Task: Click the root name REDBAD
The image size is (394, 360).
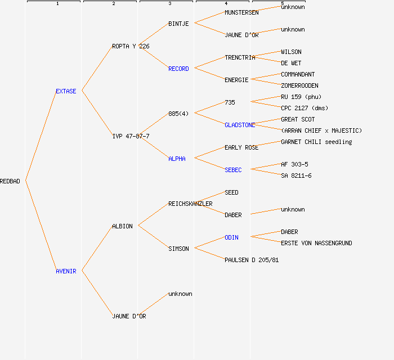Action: (10, 181)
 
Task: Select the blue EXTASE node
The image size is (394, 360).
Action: (66, 91)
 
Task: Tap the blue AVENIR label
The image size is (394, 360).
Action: (66, 271)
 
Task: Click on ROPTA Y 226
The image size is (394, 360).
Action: (131, 46)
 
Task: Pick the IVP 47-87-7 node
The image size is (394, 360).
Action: (131, 136)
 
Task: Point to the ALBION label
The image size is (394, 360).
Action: (122, 226)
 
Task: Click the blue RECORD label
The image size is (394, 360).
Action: (178, 69)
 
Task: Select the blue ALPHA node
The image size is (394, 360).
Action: (177, 159)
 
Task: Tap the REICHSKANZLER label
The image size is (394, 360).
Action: (190, 204)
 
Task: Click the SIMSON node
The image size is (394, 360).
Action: (178, 249)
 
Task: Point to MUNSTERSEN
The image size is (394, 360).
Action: (241, 12)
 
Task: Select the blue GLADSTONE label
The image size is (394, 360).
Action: (240, 125)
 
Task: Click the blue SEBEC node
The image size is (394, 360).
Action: (233, 170)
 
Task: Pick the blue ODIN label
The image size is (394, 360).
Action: (231, 237)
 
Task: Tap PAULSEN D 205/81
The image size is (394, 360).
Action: (252, 260)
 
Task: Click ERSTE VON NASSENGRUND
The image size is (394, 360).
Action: (316, 243)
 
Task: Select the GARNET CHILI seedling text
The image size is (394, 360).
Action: (316, 142)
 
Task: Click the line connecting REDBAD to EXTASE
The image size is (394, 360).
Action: (41, 136)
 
